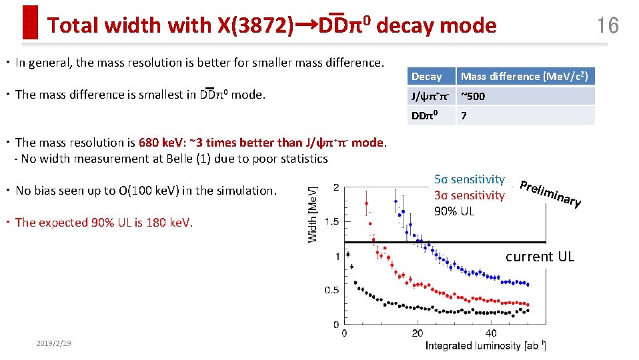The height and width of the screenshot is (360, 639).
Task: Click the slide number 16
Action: point(608,25)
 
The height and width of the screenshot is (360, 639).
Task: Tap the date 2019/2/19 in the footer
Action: point(53,343)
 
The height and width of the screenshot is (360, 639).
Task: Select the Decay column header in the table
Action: point(427,77)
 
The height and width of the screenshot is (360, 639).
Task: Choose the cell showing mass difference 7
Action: point(464,115)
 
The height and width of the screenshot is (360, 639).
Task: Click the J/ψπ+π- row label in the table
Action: point(430,96)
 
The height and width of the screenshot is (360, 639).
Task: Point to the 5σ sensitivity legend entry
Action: point(469,179)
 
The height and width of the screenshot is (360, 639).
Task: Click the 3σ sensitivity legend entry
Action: point(469,195)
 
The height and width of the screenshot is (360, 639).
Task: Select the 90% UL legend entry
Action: point(454,211)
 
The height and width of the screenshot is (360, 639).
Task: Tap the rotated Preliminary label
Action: point(550,193)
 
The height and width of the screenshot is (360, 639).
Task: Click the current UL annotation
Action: point(539,257)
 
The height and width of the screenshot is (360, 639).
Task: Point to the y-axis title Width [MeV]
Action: point(313,213)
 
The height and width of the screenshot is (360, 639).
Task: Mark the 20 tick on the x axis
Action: point(417,333)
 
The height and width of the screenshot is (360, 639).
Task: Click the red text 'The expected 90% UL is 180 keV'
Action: point(103,222)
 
